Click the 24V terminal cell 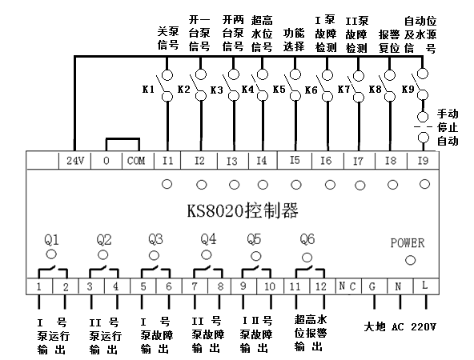tap(74, 160)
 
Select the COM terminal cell tap(138, 160)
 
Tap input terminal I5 tap(295, 160)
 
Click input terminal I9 tap(423, 160)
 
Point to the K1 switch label tap(148, 90)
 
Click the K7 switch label tap(343, 90)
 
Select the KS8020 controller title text tap(243, 211)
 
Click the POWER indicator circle tap(410, 260)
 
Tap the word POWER tap(408, 243)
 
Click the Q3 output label tap(155, 239)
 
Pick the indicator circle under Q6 tap(307, 258)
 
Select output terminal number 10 tap(270, 286)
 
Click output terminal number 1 tap(39, 286)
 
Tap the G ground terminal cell tap(374, 286)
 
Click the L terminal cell tap(425, 286)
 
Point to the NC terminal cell tap(348, 286)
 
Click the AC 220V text tap(414, 326)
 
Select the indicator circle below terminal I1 tap(167, 184)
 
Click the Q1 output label tap(51, 240)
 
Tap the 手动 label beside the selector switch tap(448, 114)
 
